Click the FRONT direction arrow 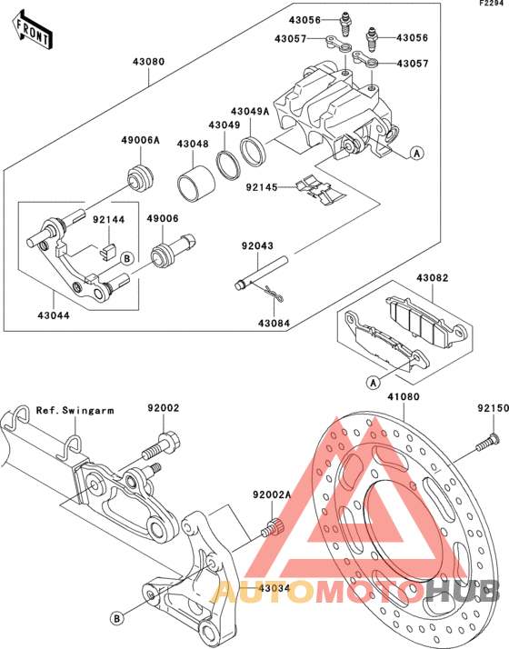pos(32,29)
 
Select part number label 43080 pos(148,62)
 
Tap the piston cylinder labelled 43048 pos(196,185)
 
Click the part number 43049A pos(250,111)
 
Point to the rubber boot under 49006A pos(140,177)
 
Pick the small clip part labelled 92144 pos(108,252)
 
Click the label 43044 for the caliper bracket pos(54,315)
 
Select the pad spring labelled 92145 pos(320,190)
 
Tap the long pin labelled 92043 pos(261,274)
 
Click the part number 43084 pos(274,324)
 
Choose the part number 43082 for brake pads pos(433,278)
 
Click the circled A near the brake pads pos(374,383)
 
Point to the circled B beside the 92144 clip pos(127,259)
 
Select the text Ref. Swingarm pos(75,411)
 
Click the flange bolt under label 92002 pos(162,445)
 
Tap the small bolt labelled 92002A pos(272,528)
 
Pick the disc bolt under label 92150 pos(487,442)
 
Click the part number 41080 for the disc pos(404,397)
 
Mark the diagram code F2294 pos(492,4)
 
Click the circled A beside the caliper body pos(416,153)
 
